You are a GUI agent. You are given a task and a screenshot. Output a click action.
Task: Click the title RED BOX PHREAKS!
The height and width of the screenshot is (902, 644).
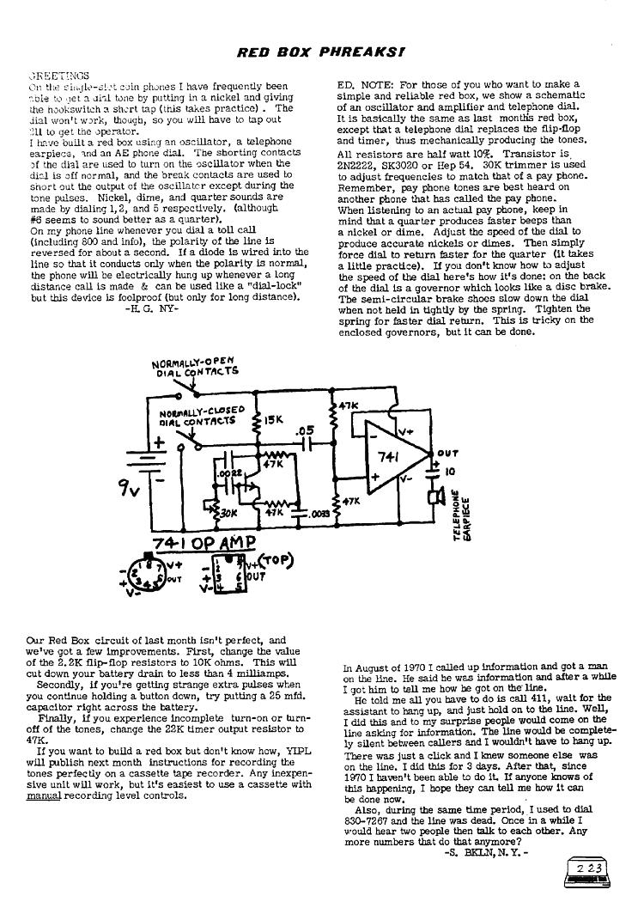point(321,52)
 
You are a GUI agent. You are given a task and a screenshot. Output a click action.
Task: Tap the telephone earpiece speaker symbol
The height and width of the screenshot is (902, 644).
point(435,499)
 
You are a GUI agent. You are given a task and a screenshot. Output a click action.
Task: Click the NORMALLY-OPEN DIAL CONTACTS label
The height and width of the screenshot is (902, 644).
point(196,366)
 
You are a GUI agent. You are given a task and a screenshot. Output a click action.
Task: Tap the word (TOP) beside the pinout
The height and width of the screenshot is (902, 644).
point(277,561)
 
